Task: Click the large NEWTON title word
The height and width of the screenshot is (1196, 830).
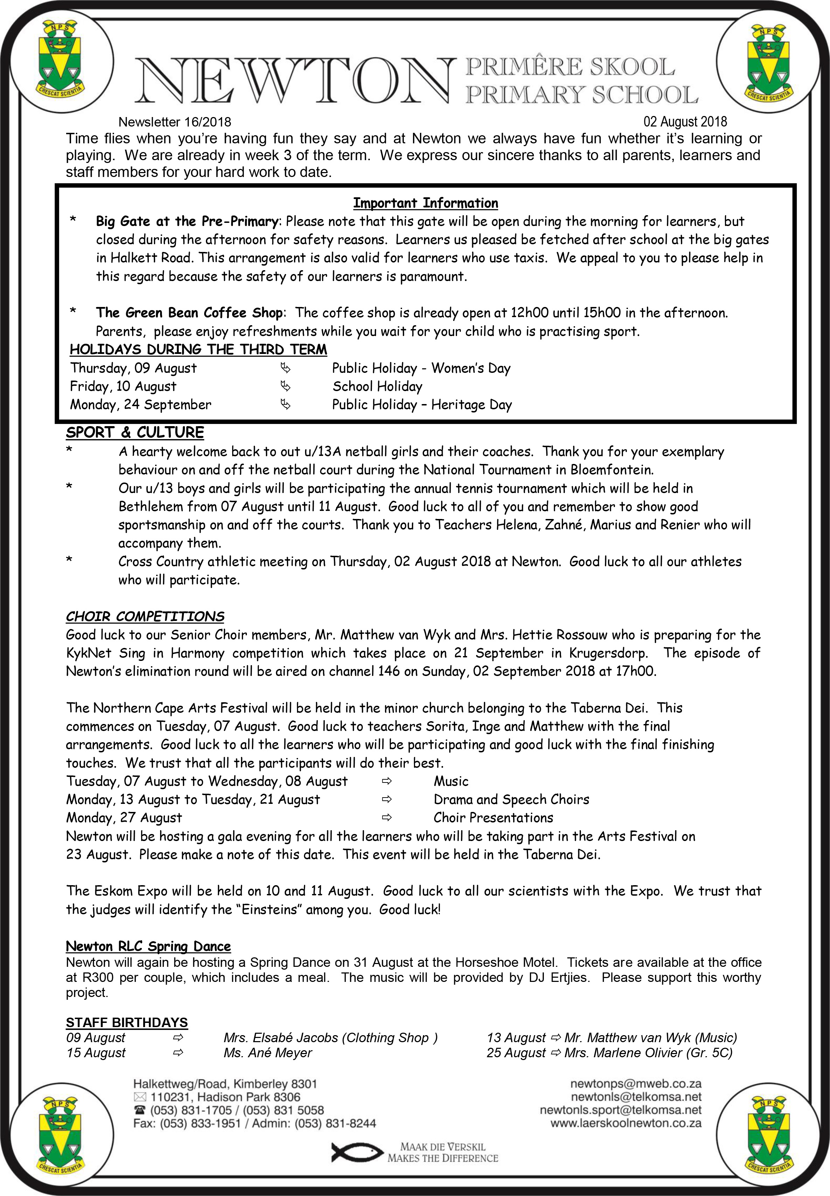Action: point(294,81)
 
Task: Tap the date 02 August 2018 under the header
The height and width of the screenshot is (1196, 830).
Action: point(685,122)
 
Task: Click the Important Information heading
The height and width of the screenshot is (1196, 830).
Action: point(426,203)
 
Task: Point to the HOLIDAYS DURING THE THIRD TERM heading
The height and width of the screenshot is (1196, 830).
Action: point(198,350)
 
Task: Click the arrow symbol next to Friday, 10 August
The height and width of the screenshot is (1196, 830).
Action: point(285,387)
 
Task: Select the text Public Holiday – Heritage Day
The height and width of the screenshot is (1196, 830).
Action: point(422,405)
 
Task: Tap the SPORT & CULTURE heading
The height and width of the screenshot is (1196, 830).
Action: point(135,432)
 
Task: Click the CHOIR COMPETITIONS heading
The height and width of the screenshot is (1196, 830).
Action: point(145,616)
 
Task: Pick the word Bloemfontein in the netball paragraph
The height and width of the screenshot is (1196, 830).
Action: point(611,470)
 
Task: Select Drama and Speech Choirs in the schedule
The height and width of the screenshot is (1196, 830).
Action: point(511,800)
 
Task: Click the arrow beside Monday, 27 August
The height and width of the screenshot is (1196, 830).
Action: point(386,818)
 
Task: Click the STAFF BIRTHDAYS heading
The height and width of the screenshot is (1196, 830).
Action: point(126,1022)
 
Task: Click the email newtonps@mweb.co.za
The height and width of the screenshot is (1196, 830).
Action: point(636,1084)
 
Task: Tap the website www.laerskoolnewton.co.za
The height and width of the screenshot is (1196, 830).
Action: point(625,1123)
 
